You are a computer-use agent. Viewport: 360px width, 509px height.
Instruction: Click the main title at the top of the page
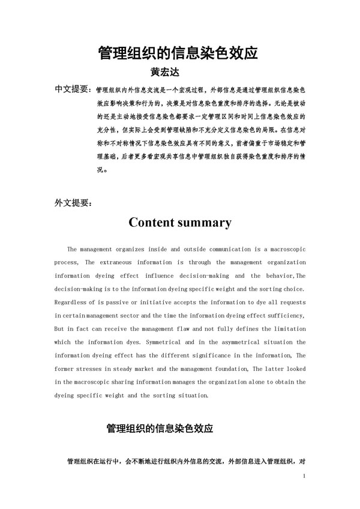178,53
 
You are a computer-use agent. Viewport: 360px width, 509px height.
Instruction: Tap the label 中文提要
72,89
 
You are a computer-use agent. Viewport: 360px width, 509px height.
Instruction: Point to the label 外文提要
73,202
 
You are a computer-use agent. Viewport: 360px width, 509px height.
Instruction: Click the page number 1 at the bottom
305,477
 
